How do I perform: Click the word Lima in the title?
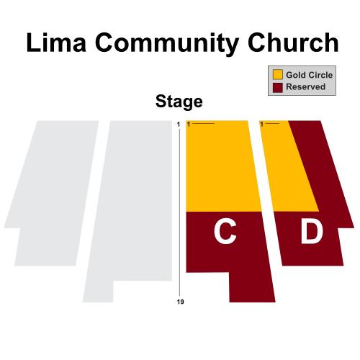56,42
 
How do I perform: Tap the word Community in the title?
167,45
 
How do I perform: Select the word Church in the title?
293,42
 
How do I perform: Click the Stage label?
179,102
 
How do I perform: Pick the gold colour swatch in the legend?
278,75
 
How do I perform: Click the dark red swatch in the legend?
278,88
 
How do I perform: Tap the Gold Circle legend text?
309,75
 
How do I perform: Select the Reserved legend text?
305,86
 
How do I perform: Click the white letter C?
225,233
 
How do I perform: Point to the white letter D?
312,233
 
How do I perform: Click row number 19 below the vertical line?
180,302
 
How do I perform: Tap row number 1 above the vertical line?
179,124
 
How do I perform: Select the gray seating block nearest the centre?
135,199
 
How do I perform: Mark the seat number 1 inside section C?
189,124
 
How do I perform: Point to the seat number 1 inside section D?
262,124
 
